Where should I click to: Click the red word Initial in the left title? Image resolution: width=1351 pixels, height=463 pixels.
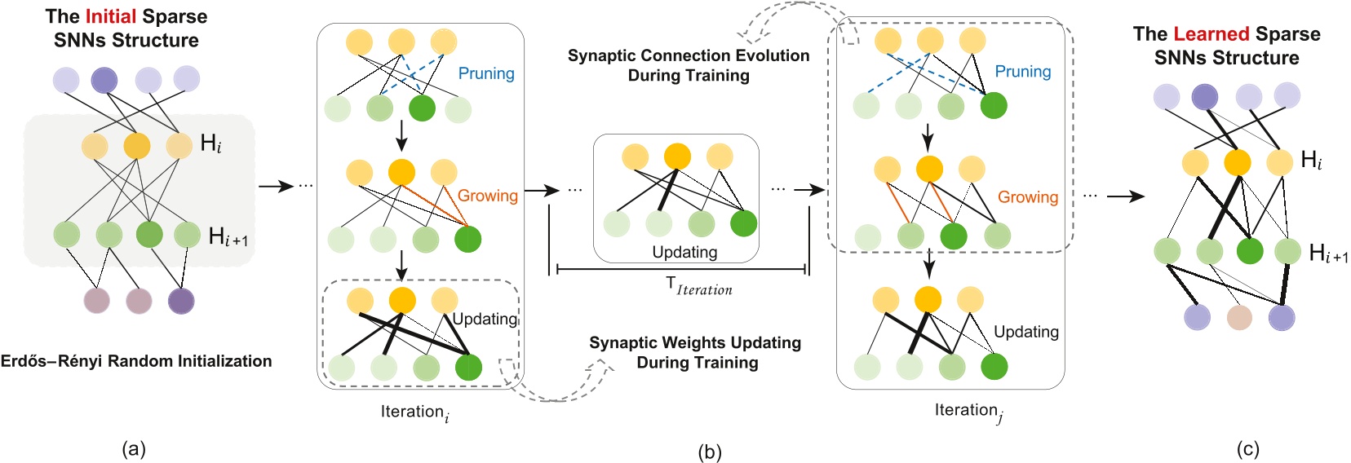tap(111, 16)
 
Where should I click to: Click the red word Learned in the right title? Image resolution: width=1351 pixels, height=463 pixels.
tap(1211, 34)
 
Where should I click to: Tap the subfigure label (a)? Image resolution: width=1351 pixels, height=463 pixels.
tap(133, 448)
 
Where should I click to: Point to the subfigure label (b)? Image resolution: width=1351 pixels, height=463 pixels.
tap(709, 452)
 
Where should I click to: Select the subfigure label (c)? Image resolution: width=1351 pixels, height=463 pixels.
tap(1247, 448)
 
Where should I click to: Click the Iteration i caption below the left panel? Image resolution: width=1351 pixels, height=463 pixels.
tap(414, 412)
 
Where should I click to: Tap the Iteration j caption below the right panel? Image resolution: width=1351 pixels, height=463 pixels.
tap(968, 411)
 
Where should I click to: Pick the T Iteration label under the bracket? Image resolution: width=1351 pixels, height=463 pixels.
tap(698, 285)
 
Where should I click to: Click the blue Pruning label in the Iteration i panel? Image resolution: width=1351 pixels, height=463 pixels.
tap(486, 73)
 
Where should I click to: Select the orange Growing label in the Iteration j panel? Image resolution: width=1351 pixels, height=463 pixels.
tap(1027, 197)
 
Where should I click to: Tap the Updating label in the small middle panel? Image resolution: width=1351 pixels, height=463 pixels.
tap(684, 252)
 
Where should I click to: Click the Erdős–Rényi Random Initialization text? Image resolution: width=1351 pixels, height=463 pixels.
tap(136, 361)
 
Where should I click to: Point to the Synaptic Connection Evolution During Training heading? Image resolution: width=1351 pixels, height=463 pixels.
tap(689, 65)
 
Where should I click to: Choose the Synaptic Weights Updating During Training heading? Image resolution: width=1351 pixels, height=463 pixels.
tap(695, 352)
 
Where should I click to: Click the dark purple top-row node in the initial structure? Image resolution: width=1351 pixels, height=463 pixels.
tap(104, 81)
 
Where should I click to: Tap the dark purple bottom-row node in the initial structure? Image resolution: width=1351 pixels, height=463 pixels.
tap(181, 301)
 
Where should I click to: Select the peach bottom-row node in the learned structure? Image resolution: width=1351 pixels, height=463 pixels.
tap(1239, 317)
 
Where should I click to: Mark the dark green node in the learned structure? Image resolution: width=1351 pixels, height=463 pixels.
tap(1249, 251)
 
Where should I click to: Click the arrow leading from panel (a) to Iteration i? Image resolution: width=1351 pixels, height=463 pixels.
tap(276, 186)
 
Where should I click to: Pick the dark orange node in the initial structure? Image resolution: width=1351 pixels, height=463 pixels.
tap(137, 146)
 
